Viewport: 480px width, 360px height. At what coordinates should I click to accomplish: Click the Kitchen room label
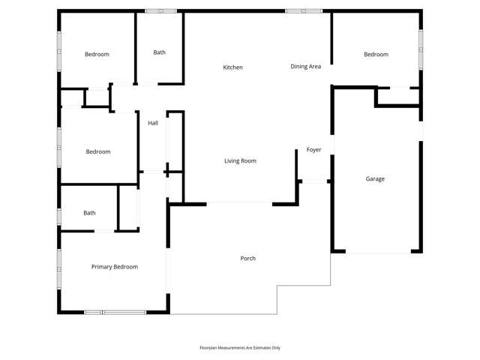232,67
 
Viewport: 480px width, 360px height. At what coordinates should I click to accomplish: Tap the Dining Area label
306,67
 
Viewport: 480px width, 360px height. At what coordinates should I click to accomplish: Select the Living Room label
241,160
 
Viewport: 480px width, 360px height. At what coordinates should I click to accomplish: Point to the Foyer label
314,150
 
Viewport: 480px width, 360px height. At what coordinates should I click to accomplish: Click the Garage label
375,179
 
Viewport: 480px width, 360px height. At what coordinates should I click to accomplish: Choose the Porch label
247,259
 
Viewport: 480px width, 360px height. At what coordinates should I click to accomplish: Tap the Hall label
153,123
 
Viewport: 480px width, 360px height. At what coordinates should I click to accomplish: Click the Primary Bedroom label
115,267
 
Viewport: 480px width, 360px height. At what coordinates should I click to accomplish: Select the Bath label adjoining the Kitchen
159,52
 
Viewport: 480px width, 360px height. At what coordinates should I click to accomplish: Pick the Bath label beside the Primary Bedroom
89,213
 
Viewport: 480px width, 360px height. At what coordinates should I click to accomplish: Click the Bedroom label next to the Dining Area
376,54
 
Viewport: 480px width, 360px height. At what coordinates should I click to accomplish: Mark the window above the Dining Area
304,10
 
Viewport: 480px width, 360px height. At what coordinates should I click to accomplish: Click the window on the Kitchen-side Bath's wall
160,10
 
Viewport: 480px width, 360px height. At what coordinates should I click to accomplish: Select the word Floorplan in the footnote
211,348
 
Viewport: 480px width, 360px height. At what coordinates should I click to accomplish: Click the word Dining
299,67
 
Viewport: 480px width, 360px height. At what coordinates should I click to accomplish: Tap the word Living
232,160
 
